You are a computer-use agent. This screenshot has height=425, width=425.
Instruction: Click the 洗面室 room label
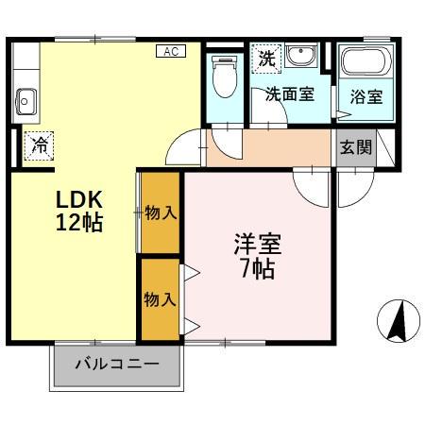coord(288,94)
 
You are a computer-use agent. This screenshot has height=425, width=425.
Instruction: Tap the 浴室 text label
coord(366,95)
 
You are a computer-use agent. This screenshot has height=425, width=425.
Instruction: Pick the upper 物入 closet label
coord(161,212)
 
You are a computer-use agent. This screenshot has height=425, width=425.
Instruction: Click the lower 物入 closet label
coord(160,299)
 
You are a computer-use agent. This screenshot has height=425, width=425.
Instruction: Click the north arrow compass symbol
coord(398,322)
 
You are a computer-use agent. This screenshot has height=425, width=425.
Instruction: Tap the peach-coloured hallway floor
coord(274,148)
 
